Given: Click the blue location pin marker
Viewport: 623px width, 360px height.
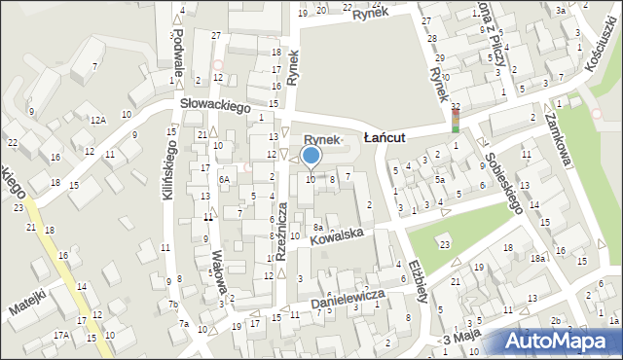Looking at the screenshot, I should click(x=311, y=156).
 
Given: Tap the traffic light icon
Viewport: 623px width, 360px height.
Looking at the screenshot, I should click(x=455, y=121).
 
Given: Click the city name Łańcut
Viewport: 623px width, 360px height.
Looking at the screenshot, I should click(x=390, y=139).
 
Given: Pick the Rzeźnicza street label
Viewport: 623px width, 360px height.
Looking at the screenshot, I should click(x=280, y=232).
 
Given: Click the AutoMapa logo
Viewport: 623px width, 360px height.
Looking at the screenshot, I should click(x=561, y=342).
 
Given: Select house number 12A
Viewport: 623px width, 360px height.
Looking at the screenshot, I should click(x=97, y=120).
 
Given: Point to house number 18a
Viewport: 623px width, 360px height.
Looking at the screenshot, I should click(x=536, y=259).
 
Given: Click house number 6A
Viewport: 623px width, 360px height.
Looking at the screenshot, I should click(x=223, y=179).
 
